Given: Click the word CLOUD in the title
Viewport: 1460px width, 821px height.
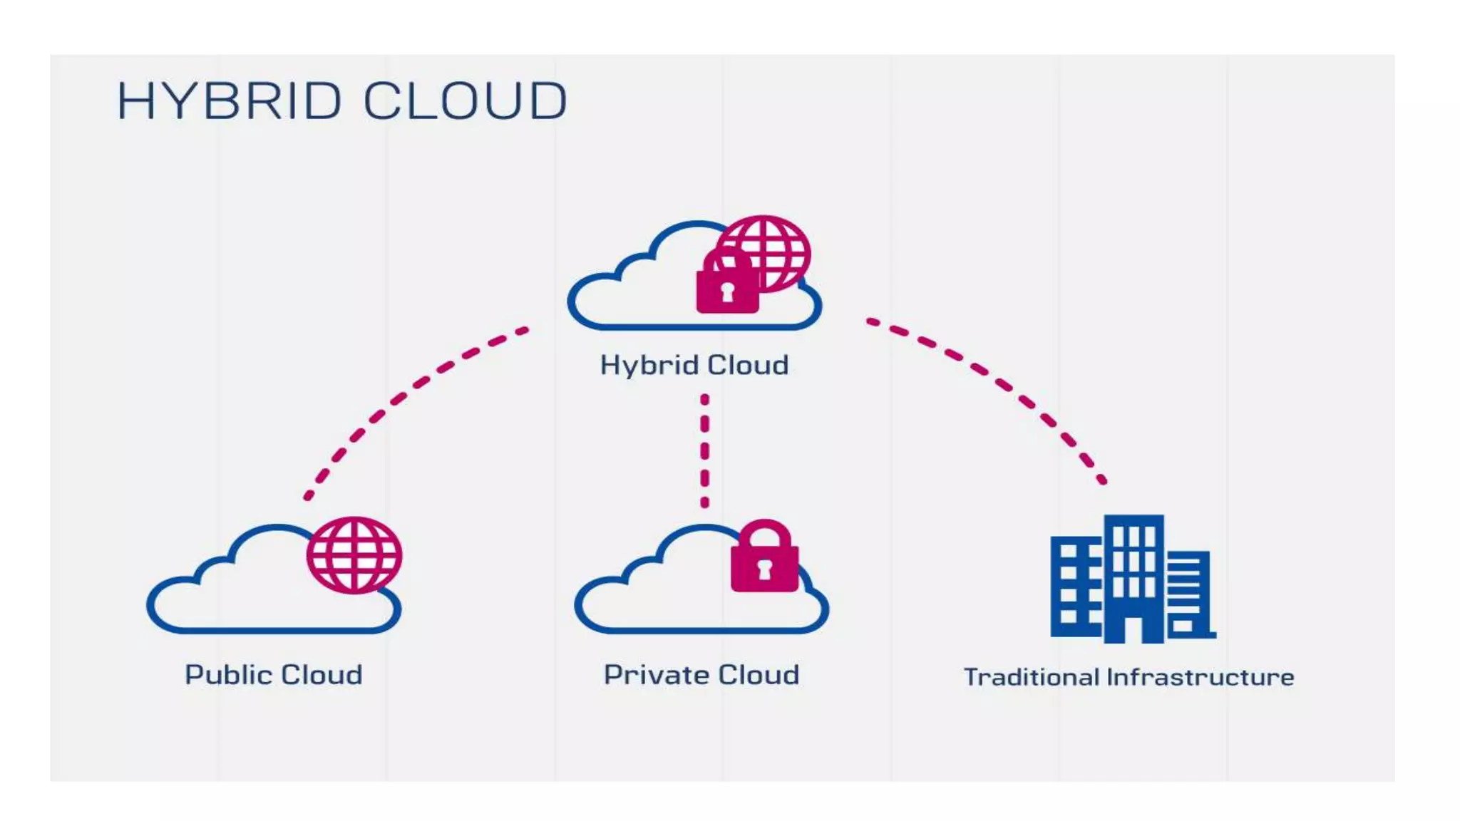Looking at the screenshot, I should pyautogui.click(x=466, y=100).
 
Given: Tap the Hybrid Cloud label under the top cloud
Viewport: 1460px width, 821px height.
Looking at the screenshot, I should pyautogui.click(x=694, y=365).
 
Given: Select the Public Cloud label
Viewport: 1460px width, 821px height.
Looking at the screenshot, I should pyautogui.click(x=274, y=674).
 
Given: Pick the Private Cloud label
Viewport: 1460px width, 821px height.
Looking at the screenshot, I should pyautogui.click(x=701, y=674).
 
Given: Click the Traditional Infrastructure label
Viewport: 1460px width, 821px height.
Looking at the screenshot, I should pyautogui.click(x=1129, y=677).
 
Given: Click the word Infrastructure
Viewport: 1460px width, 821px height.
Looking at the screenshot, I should pyautogui.click(x=1201, y=677).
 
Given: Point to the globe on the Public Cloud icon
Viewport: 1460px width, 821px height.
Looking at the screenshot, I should pyautogui.click(x=354, y=555).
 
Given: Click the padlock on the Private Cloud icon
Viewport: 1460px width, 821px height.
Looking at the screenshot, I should pyautogui.click(x=764, y=559).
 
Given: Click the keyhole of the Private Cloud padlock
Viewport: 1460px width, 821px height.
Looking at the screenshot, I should pyautogui.click(x=764, y=569).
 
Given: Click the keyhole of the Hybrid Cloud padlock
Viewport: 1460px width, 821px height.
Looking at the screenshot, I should pyautogui.click(x=727, y=291).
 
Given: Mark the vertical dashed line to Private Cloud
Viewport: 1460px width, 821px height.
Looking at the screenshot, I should pyautogui.click(x=704, y=450).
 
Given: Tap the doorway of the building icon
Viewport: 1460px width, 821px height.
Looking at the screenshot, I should pyautogui.click(x=1133, y=631).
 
